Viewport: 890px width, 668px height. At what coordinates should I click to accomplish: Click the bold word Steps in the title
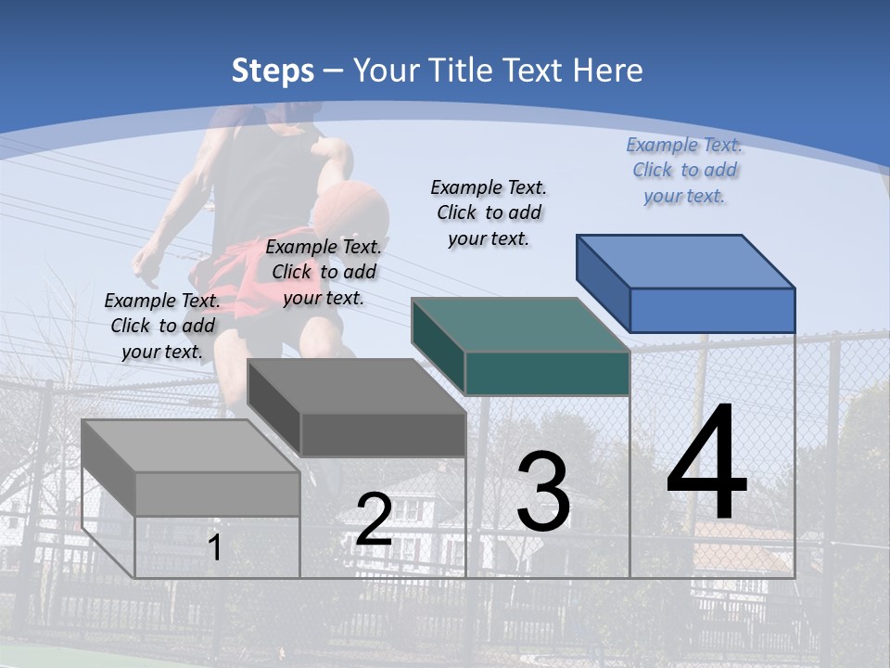[x=273, y=71]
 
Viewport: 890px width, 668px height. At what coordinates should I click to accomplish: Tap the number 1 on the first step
[x=215, y=547]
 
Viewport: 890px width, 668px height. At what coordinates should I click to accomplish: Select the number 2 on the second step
[x=374, y=520]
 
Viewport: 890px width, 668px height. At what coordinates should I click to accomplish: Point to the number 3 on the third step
[x=543, y=492]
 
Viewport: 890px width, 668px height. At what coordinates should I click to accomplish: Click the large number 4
[x=706, y=464]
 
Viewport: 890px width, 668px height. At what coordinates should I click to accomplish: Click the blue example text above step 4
[x=684, y=170]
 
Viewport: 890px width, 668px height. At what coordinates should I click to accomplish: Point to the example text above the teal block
[x=489, y=212]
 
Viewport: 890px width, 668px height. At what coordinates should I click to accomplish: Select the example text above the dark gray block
[x=324, y=272]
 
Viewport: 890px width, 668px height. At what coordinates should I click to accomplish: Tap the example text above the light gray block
[x=162, y=326]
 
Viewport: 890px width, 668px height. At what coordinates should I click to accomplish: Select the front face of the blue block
[x=712, y=310]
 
